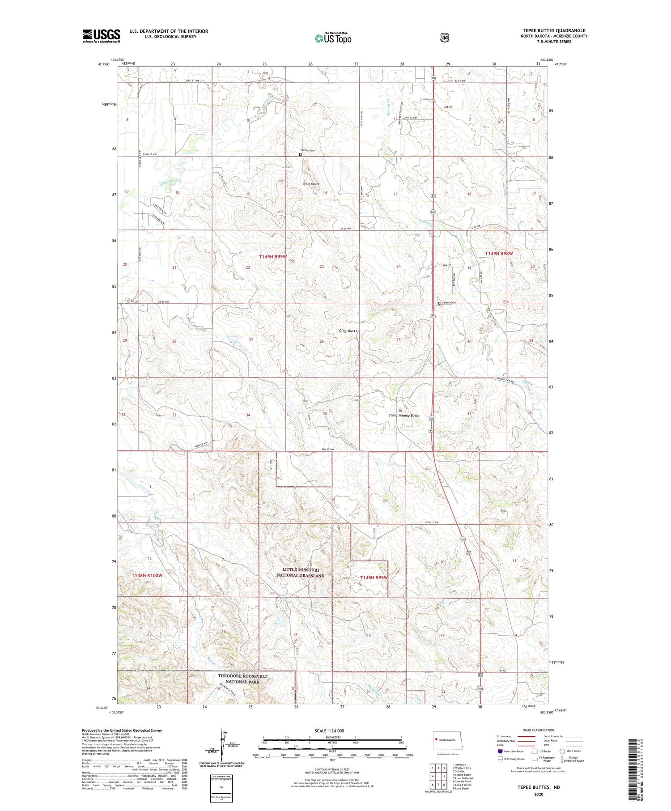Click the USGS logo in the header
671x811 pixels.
tap(101, 36)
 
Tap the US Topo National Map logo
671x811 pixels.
tap(333, 38)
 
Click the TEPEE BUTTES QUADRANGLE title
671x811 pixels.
tap(554, 30)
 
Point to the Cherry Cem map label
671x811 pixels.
tap(308, 150)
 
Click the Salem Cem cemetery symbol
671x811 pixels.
tap(439, 303)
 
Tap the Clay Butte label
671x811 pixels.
tap(348, 331)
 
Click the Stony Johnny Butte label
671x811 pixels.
tap(403, 416)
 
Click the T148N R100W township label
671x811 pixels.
tap(147, 575)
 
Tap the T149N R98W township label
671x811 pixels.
tap(499, 254)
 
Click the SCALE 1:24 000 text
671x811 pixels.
tap(329, 730)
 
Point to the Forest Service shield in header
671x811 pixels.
tap(444, 38)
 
